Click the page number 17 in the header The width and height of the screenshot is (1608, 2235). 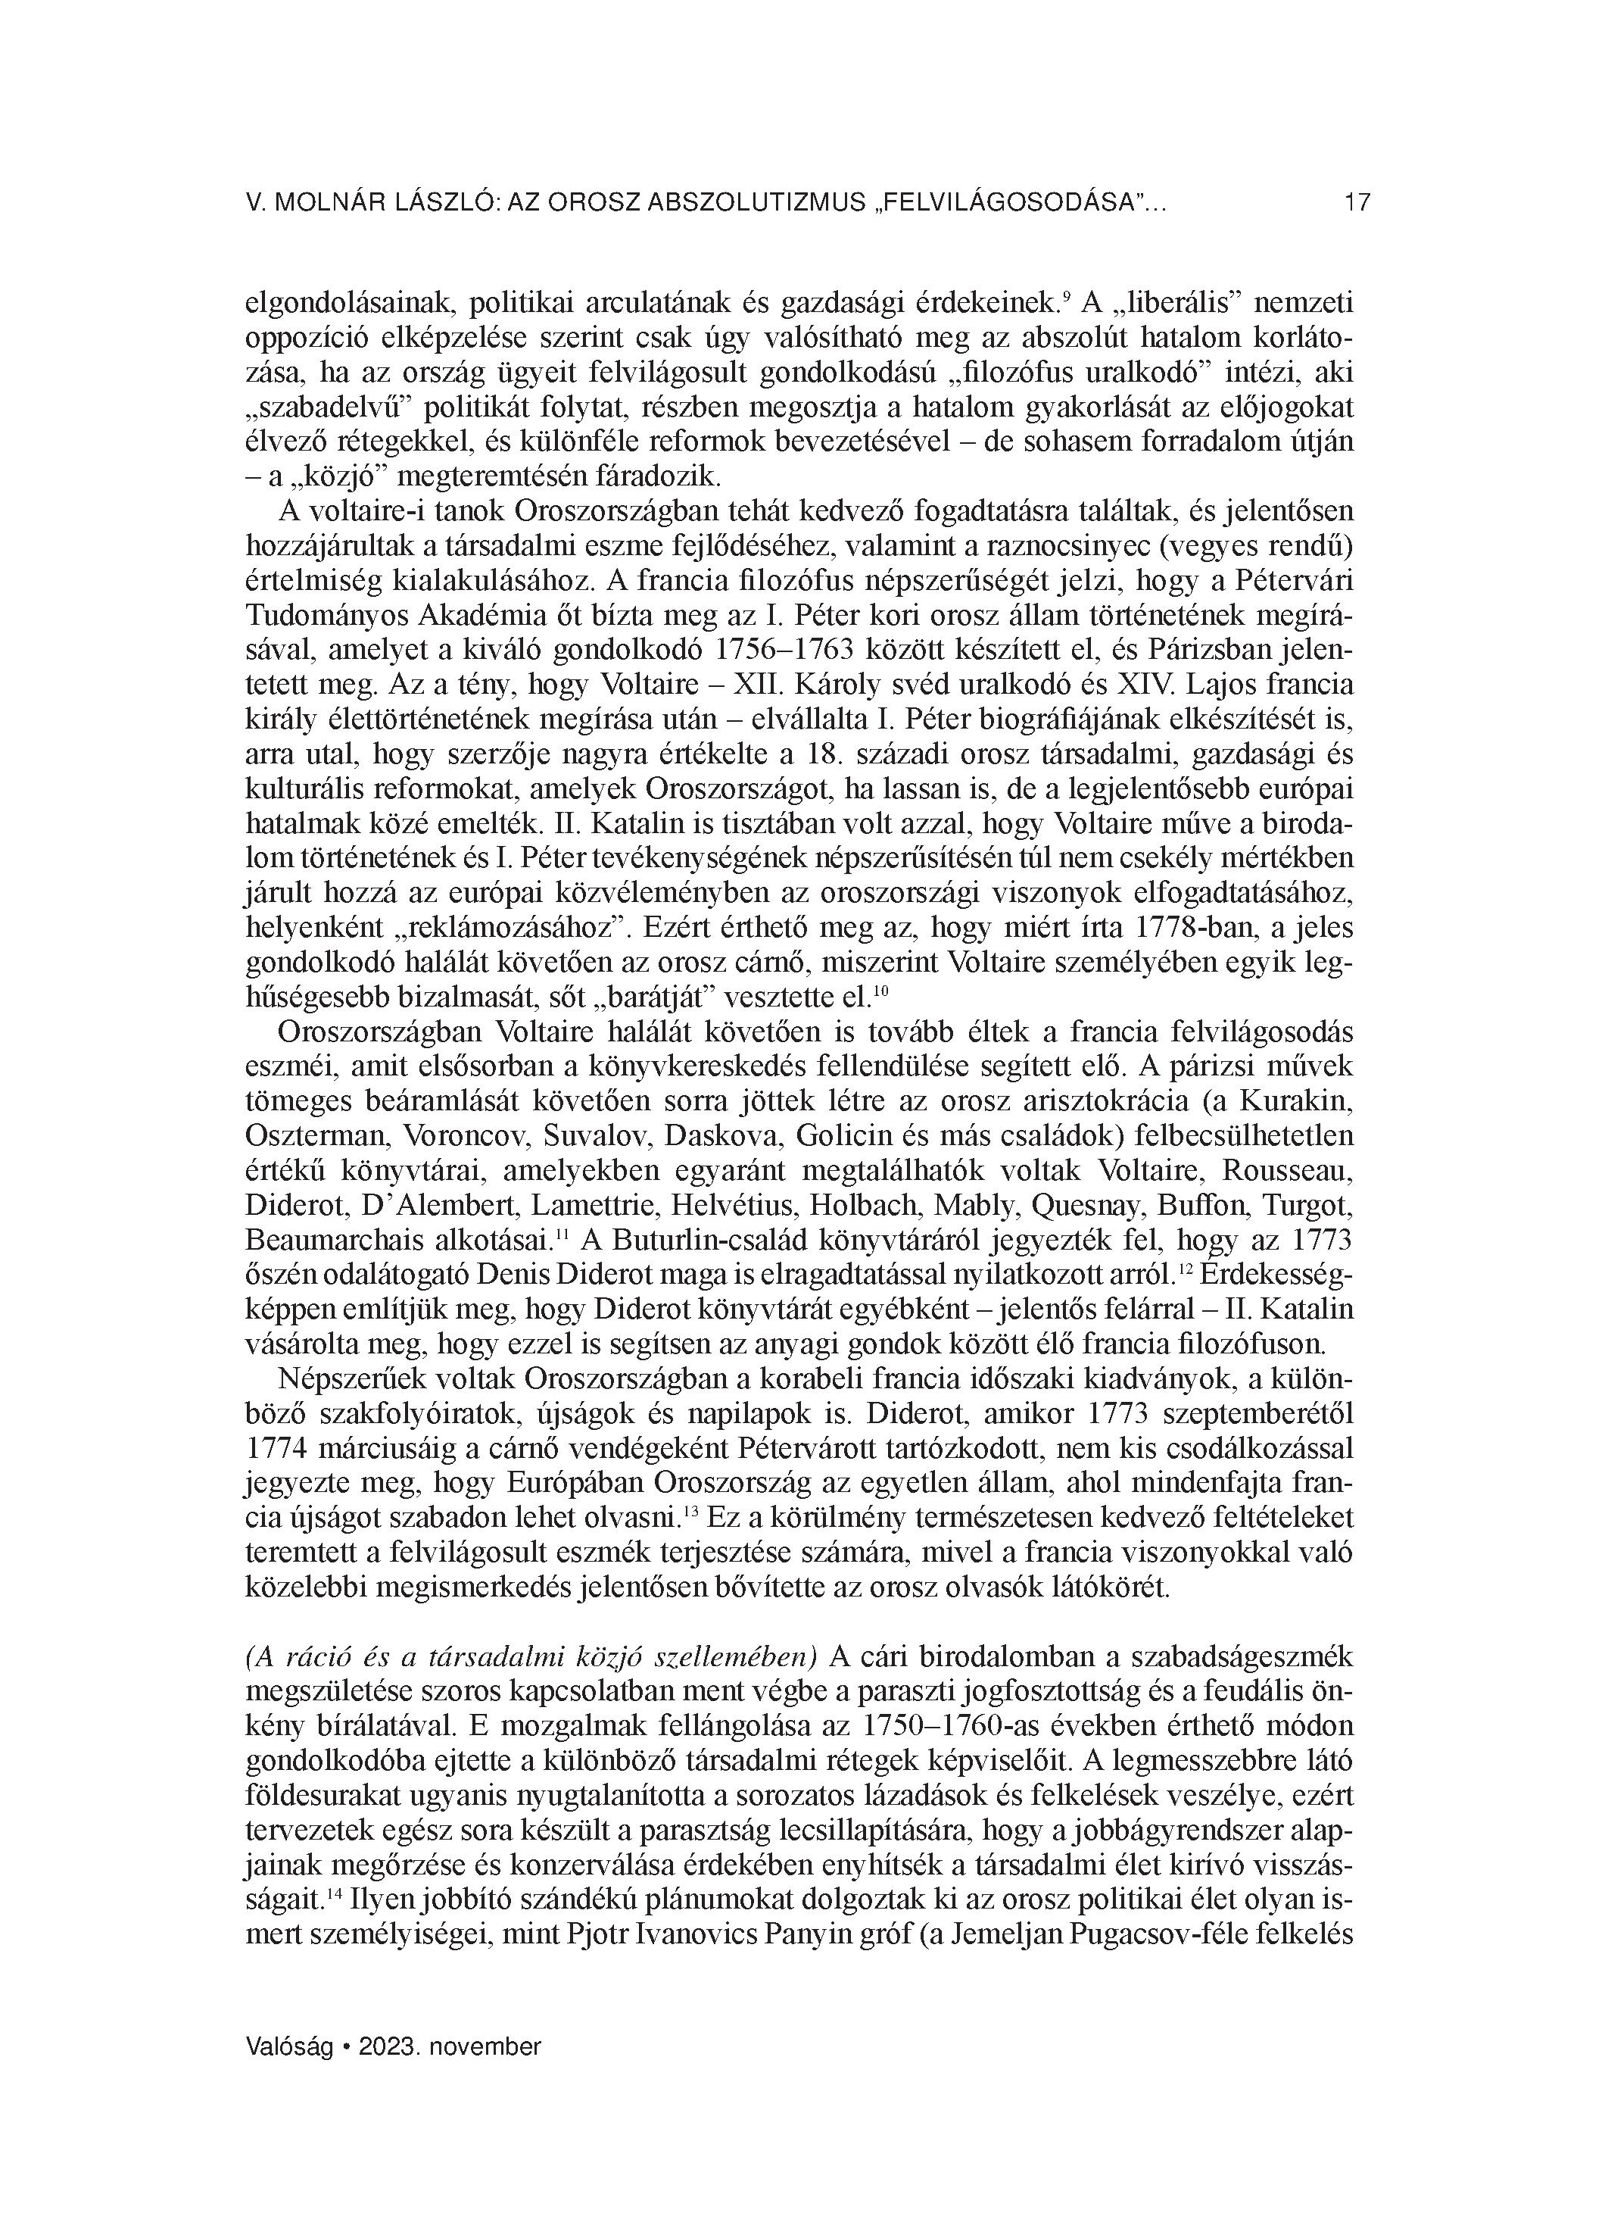[x=1357, y=203]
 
